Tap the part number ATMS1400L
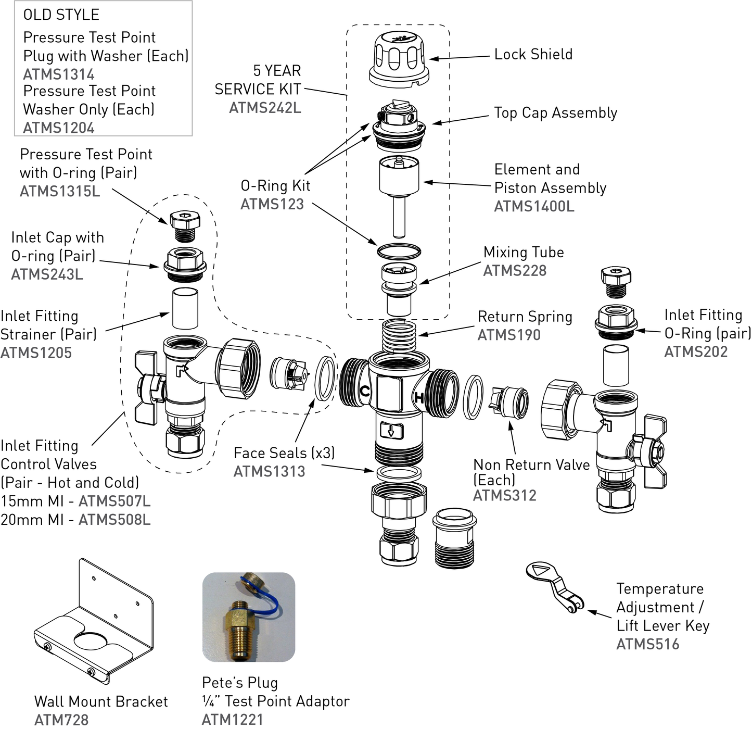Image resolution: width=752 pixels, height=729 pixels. point(534,207)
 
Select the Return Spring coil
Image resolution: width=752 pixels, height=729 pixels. point(399,335)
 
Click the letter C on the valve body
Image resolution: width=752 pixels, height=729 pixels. point(365,391)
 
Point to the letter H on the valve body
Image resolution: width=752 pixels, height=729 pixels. point(419,398)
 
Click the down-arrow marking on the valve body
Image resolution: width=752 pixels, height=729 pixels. point(390,431)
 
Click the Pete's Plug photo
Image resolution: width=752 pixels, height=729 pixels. point(249,617)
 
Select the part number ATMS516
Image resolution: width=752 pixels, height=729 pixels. point(648,645)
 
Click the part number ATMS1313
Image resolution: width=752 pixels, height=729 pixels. point(269,472)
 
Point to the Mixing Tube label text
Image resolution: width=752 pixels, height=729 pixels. point(524,253)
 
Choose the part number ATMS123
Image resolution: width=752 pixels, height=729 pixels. point(272,204)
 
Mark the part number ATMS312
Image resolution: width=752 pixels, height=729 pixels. point(504,495)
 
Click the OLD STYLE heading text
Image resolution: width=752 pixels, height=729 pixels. point(61,15)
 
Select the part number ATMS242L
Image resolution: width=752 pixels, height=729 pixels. point(265,108)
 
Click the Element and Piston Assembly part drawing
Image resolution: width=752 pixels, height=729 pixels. point(399,193)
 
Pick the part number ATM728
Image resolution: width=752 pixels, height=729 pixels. point(61,720)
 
